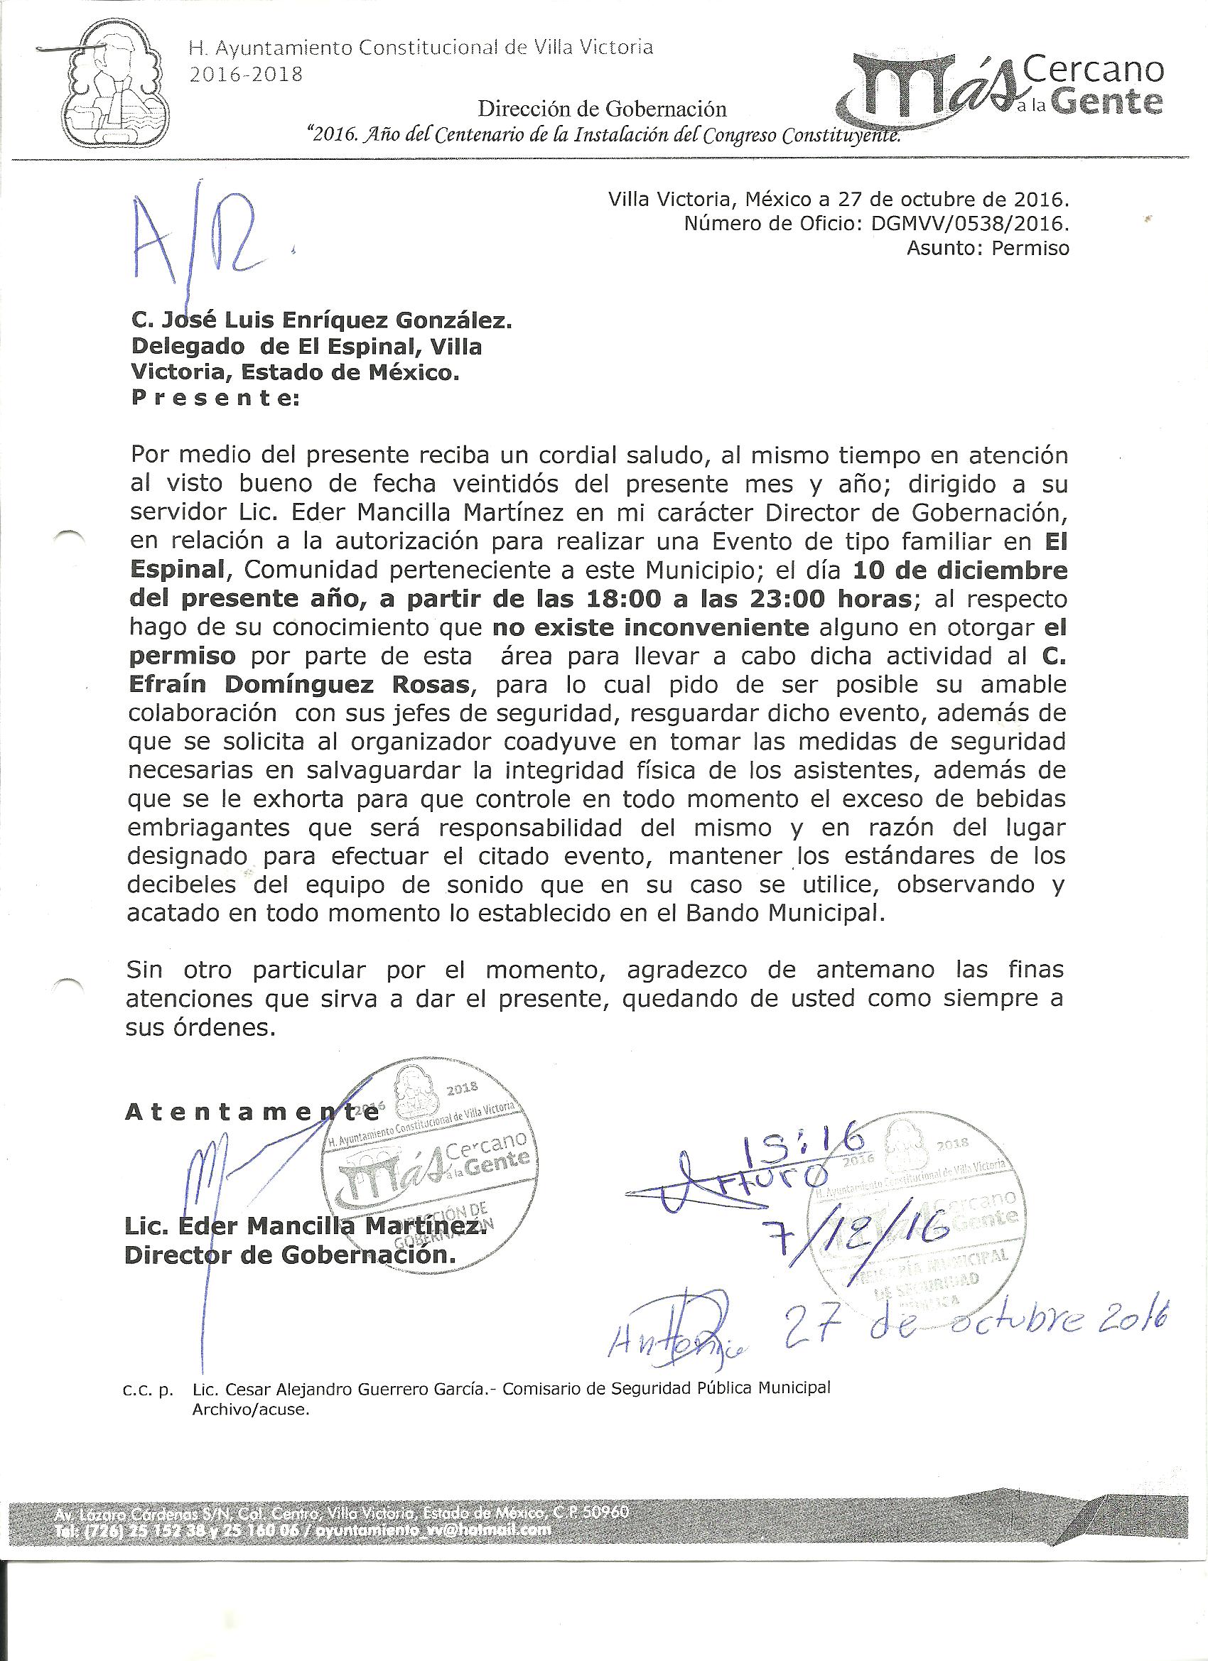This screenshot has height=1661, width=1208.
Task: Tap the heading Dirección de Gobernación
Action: [602, 109]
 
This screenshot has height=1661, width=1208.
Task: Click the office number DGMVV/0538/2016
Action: [970, 223]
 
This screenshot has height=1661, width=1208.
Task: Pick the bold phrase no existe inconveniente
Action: [650, 627]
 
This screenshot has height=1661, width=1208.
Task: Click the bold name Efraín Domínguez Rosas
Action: [299, 685]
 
